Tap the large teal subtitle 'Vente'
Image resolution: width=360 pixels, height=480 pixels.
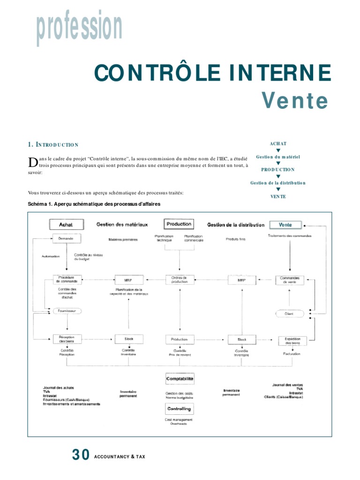click(x=295, y=100)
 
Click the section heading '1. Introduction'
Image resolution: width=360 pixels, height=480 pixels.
click(x=53, y=145)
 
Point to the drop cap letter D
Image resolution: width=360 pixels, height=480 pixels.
click(x=32, y=162)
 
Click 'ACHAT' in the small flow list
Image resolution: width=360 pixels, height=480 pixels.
click(x=278, y=144)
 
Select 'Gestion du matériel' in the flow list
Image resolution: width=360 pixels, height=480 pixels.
click(x=278, y=157)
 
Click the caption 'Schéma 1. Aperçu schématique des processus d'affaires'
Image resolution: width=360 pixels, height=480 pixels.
click(x=94, y=204)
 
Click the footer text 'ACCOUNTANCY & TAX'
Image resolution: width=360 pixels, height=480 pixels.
click(x=120, y=457)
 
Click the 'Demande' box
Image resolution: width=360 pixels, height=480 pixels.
click(x=66, y=239)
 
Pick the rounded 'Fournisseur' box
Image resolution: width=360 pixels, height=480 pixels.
click(x=67, y=311)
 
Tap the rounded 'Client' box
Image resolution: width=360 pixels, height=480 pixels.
click(x=289, y=313)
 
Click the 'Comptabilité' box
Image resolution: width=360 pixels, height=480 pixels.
click(x=180, y=378)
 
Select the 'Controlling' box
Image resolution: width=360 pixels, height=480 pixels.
click(x=180, y=409)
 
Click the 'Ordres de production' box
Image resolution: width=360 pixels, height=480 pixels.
click(x=180, y=280)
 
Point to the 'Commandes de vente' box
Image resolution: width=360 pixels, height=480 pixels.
click(x=289, y=280)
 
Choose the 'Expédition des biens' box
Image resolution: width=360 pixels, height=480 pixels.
click(x=292, y=340)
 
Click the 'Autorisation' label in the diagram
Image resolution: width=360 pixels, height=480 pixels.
click(x=51, y=256)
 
